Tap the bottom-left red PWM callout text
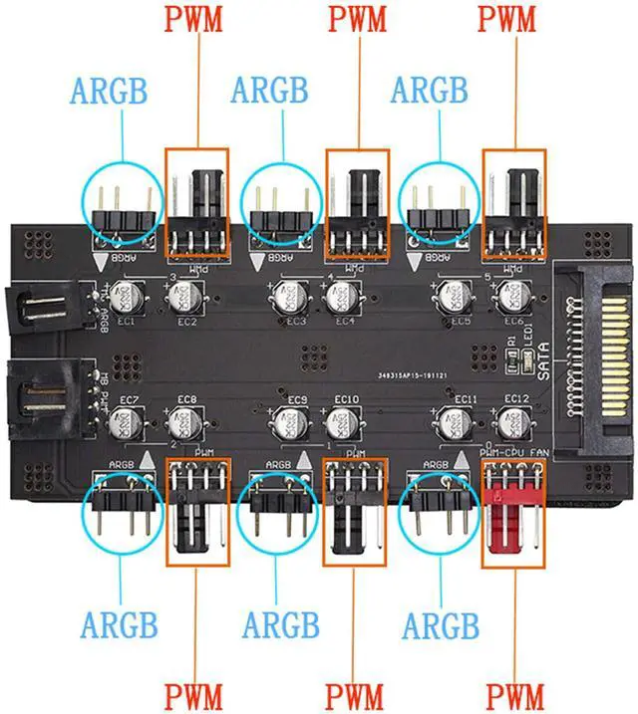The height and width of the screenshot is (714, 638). pos(194,694)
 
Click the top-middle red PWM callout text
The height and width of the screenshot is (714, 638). pos(357,19)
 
